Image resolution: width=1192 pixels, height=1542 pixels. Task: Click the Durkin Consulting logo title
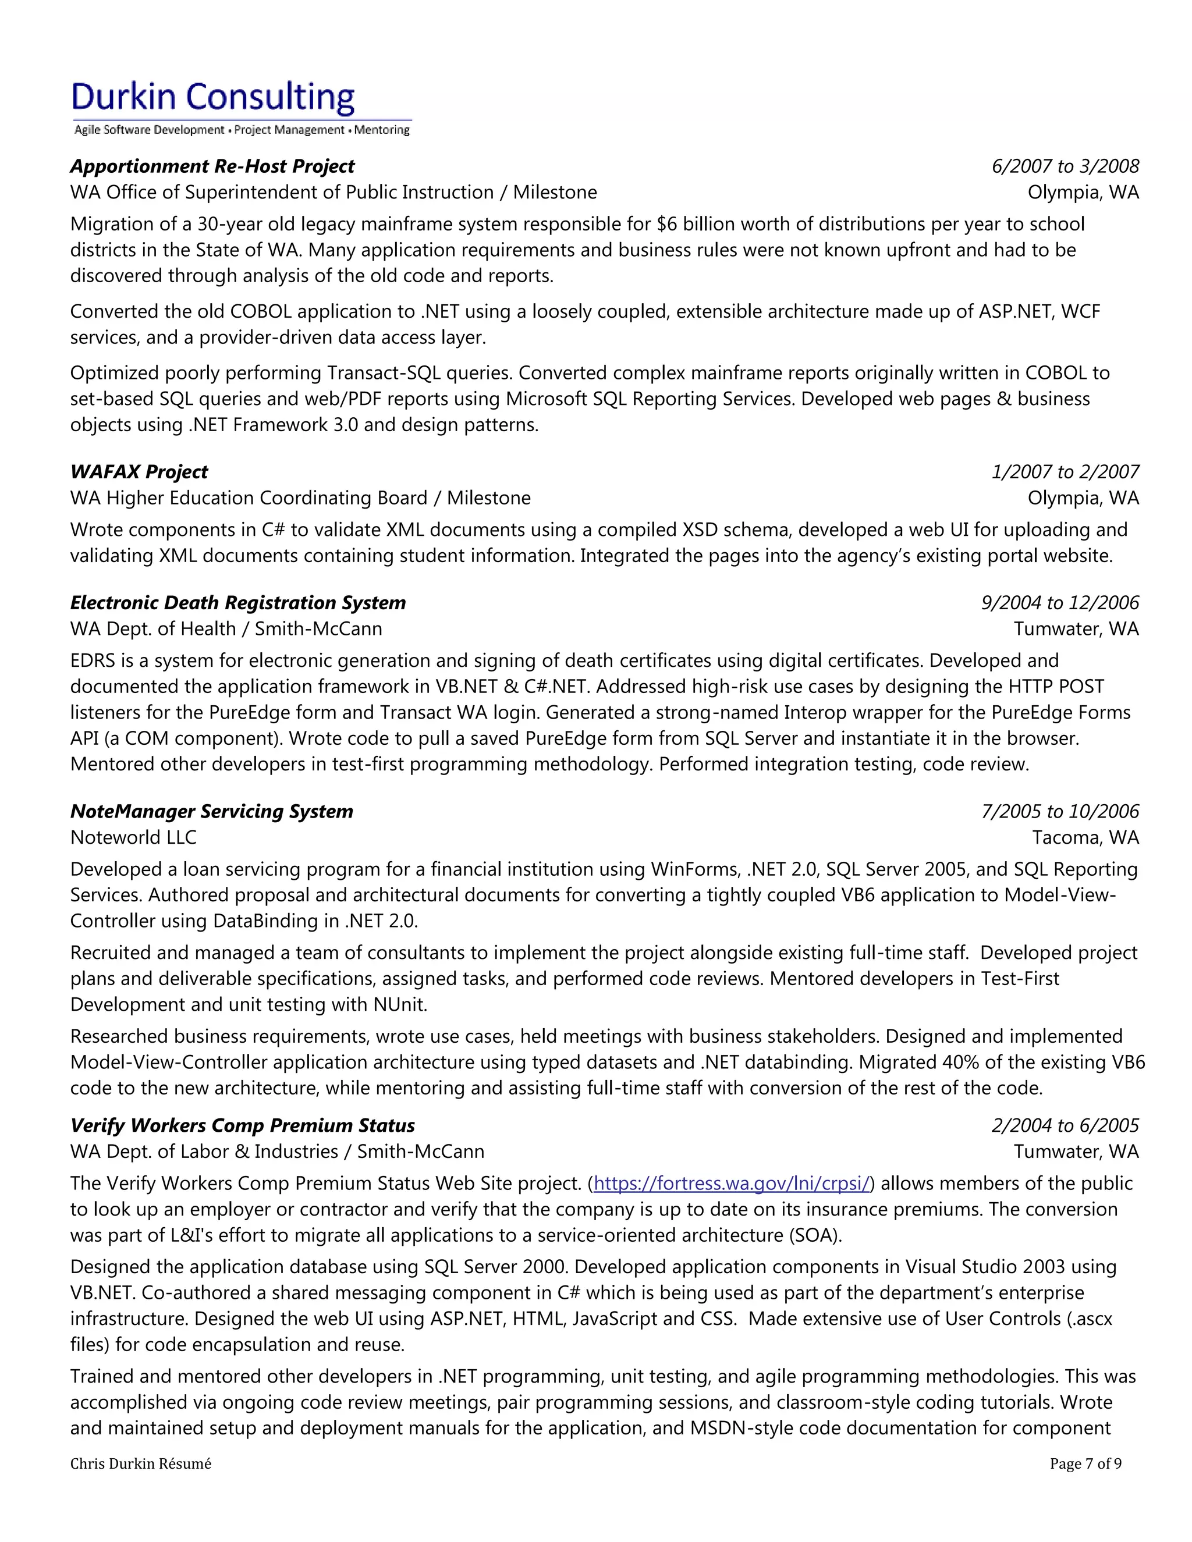click(x=212, y=97)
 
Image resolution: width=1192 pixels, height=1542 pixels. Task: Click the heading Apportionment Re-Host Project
click(x=212, y=166)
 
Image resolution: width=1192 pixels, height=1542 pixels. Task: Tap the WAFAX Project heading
click(x=139, y=472)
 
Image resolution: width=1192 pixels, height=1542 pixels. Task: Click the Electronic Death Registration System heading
click(x=238, y=602)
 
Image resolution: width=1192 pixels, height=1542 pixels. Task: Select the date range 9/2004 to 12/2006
click(x=1059, y=602)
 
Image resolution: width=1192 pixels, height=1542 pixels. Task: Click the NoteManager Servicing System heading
click(x=211, y=811)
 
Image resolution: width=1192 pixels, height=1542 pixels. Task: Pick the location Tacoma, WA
click(x=1085, y=837)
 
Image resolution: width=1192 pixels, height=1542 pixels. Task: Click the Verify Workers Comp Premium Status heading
click(x=242, y=1125)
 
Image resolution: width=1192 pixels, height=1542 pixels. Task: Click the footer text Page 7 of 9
click(x=1085, y=1463)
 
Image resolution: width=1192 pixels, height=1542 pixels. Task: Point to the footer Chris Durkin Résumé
click(x=140, y=1463)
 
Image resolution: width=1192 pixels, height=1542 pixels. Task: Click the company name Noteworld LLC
click(x=133, y=837)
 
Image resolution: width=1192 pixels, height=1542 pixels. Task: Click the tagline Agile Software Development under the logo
click(x=149, y=130)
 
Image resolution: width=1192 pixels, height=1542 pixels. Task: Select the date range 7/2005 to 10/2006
click(x=1059, y=811)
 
